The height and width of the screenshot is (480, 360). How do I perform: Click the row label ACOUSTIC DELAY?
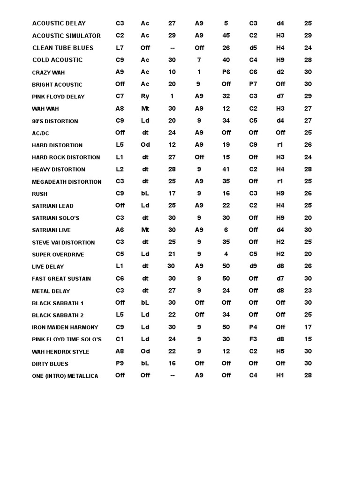pos(59,23)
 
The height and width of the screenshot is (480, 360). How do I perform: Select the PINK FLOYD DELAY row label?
pos(58,97)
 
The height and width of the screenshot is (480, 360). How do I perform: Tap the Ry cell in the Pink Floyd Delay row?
pos(145,96)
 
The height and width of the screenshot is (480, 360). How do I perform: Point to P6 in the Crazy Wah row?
pos(226,72)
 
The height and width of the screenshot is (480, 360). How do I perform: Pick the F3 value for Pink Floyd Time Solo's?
pos(253,339)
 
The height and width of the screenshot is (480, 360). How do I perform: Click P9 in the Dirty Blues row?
pos(120,363)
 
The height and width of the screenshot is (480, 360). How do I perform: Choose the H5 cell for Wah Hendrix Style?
pos(280,351)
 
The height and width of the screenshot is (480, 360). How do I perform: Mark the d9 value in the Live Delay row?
pos(253,266)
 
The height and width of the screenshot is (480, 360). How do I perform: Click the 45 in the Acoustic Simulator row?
pos(226,35)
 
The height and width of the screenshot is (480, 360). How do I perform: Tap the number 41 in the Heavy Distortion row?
pos(226,169)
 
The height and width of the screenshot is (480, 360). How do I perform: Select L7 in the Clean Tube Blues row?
pos(120,47)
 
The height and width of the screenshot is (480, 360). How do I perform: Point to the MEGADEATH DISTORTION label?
pos(67,182)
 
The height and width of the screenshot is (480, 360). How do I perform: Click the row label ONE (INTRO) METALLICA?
pos(65,376)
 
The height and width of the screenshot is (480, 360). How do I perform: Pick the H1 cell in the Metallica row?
pos(280,375)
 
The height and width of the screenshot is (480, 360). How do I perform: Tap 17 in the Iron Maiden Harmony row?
pos(308,327)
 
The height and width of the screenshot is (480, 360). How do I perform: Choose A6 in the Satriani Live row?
pos(120,230)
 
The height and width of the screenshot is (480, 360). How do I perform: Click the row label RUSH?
pos(39,194)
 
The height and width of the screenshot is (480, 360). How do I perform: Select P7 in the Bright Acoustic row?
pos(253,84)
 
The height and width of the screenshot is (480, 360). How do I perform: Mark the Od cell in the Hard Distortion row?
pos(145,145)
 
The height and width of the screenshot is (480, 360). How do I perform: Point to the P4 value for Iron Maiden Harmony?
pos(253,327)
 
